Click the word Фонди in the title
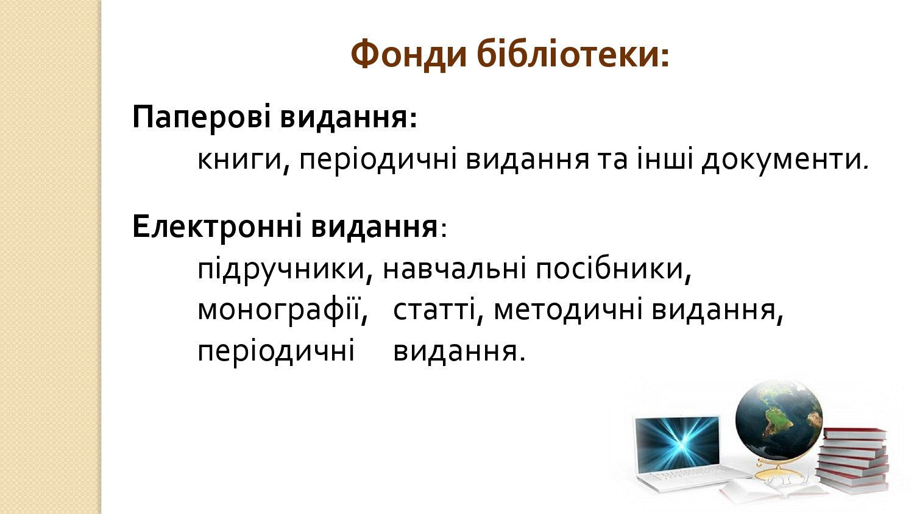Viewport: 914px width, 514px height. (x=408, y=55)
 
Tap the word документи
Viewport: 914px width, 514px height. (x=784, y=161)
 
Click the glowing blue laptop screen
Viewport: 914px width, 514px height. (x=678, y=444)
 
